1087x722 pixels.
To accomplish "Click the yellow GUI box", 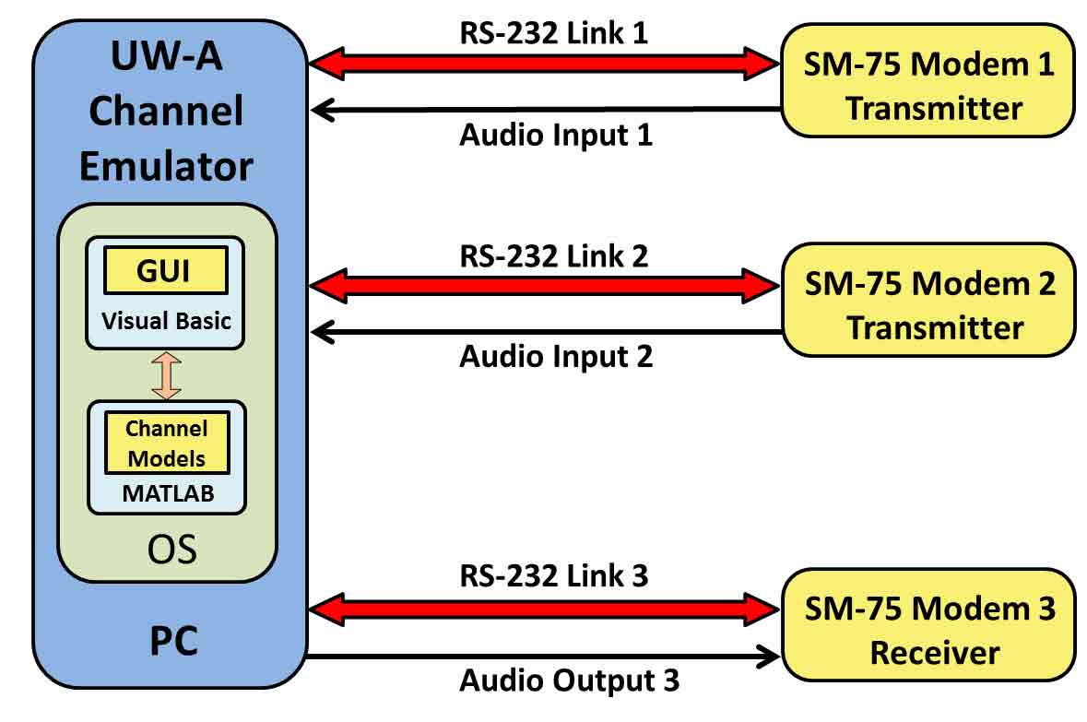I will click(166, 270).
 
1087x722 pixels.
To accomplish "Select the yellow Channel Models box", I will click(166, 443).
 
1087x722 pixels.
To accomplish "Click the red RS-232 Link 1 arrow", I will click(544, 64).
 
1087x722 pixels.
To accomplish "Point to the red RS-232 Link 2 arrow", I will click(544, 284).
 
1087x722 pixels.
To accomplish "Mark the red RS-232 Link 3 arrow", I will click(544, 607).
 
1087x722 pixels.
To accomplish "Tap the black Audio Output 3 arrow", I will click(544, 657).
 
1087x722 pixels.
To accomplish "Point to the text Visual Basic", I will click(166, 321).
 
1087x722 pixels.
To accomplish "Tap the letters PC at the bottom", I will click(173, 639).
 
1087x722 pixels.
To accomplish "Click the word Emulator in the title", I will click(166, 166).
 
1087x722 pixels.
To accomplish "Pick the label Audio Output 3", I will click(569, 682).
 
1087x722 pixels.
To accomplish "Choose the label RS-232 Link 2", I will click(554, 255).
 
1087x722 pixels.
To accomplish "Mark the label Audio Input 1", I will click(556, 136).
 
